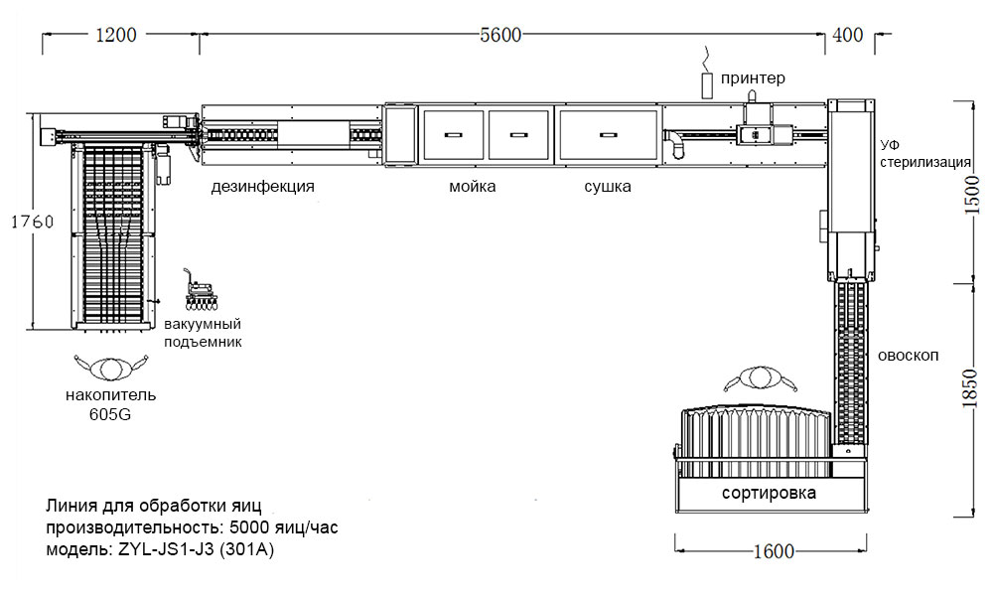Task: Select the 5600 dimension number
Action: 499,35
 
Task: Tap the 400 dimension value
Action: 847,35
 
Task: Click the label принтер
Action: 754,77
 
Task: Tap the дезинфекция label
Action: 262,187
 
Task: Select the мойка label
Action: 472,187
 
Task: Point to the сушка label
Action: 607,187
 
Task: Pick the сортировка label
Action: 770,493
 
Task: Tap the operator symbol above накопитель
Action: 110,367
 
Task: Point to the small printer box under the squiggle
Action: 708,84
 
